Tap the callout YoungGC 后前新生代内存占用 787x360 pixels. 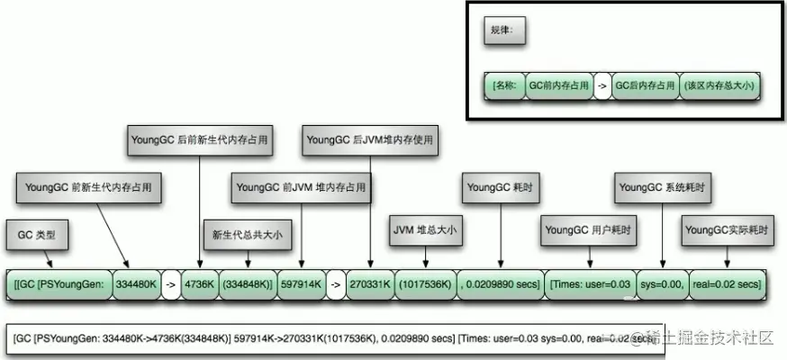[197, 140]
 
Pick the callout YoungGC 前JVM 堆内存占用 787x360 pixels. [301, 188]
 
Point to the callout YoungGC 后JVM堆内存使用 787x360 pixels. [369, 140]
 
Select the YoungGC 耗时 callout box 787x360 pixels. [497, 188]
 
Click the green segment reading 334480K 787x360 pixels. [136, 284]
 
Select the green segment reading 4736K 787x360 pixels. [198, 284]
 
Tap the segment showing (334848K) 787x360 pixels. [247, 284]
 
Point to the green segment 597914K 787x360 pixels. [300, 284]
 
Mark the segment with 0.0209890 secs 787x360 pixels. [501, 284]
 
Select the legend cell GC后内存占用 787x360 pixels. [644, 85]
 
